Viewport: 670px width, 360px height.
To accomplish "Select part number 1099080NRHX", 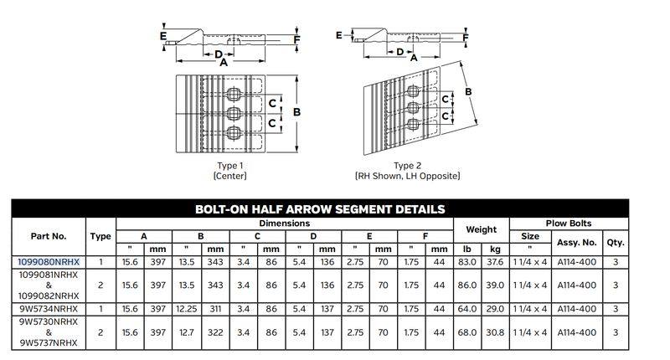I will [x=49, y=262].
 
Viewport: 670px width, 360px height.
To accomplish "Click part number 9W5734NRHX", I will [x=49, y=309].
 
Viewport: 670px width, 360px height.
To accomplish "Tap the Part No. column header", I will [x=49, y=236].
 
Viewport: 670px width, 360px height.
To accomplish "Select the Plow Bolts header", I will [x=569, y=224].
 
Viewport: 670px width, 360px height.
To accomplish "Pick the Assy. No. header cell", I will [x=576, y=242].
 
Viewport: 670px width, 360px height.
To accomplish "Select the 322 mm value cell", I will [x=215, y=332].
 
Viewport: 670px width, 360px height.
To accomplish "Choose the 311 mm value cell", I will [x=215, y=309].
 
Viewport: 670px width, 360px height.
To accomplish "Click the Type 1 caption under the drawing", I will [x=229, y=165].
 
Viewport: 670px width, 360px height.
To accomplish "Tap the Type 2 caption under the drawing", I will [x=407, y=165].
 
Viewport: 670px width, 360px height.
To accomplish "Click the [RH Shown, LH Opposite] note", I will [x=407, y=176].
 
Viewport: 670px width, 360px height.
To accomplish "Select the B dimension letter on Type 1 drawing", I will [x=297, y=112].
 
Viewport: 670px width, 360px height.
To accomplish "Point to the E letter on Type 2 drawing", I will [x=338, y=36].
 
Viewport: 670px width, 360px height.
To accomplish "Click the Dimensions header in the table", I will [x=284, y=224].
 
